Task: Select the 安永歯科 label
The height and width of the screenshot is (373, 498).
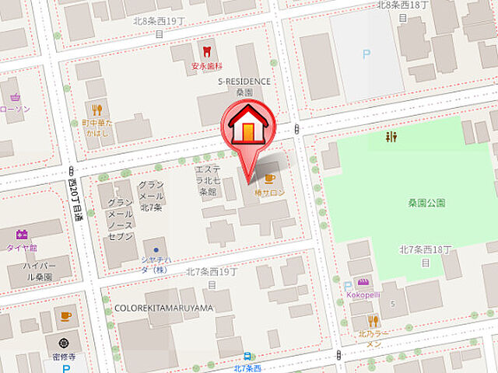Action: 206,66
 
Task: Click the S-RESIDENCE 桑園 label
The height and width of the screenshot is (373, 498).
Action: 244,85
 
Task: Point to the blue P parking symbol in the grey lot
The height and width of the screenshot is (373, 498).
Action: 366,54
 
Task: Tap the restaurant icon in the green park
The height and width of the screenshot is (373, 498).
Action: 391,137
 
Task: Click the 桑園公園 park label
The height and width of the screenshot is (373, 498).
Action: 426,203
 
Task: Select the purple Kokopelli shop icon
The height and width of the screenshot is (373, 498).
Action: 363,282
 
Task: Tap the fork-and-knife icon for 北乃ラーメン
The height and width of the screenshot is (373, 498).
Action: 373,320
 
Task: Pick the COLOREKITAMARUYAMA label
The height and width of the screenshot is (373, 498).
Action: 163,308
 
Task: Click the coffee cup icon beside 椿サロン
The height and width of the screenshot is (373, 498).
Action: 269,178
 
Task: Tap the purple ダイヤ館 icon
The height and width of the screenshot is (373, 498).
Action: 21,233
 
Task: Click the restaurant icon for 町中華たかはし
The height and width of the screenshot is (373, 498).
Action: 97,110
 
